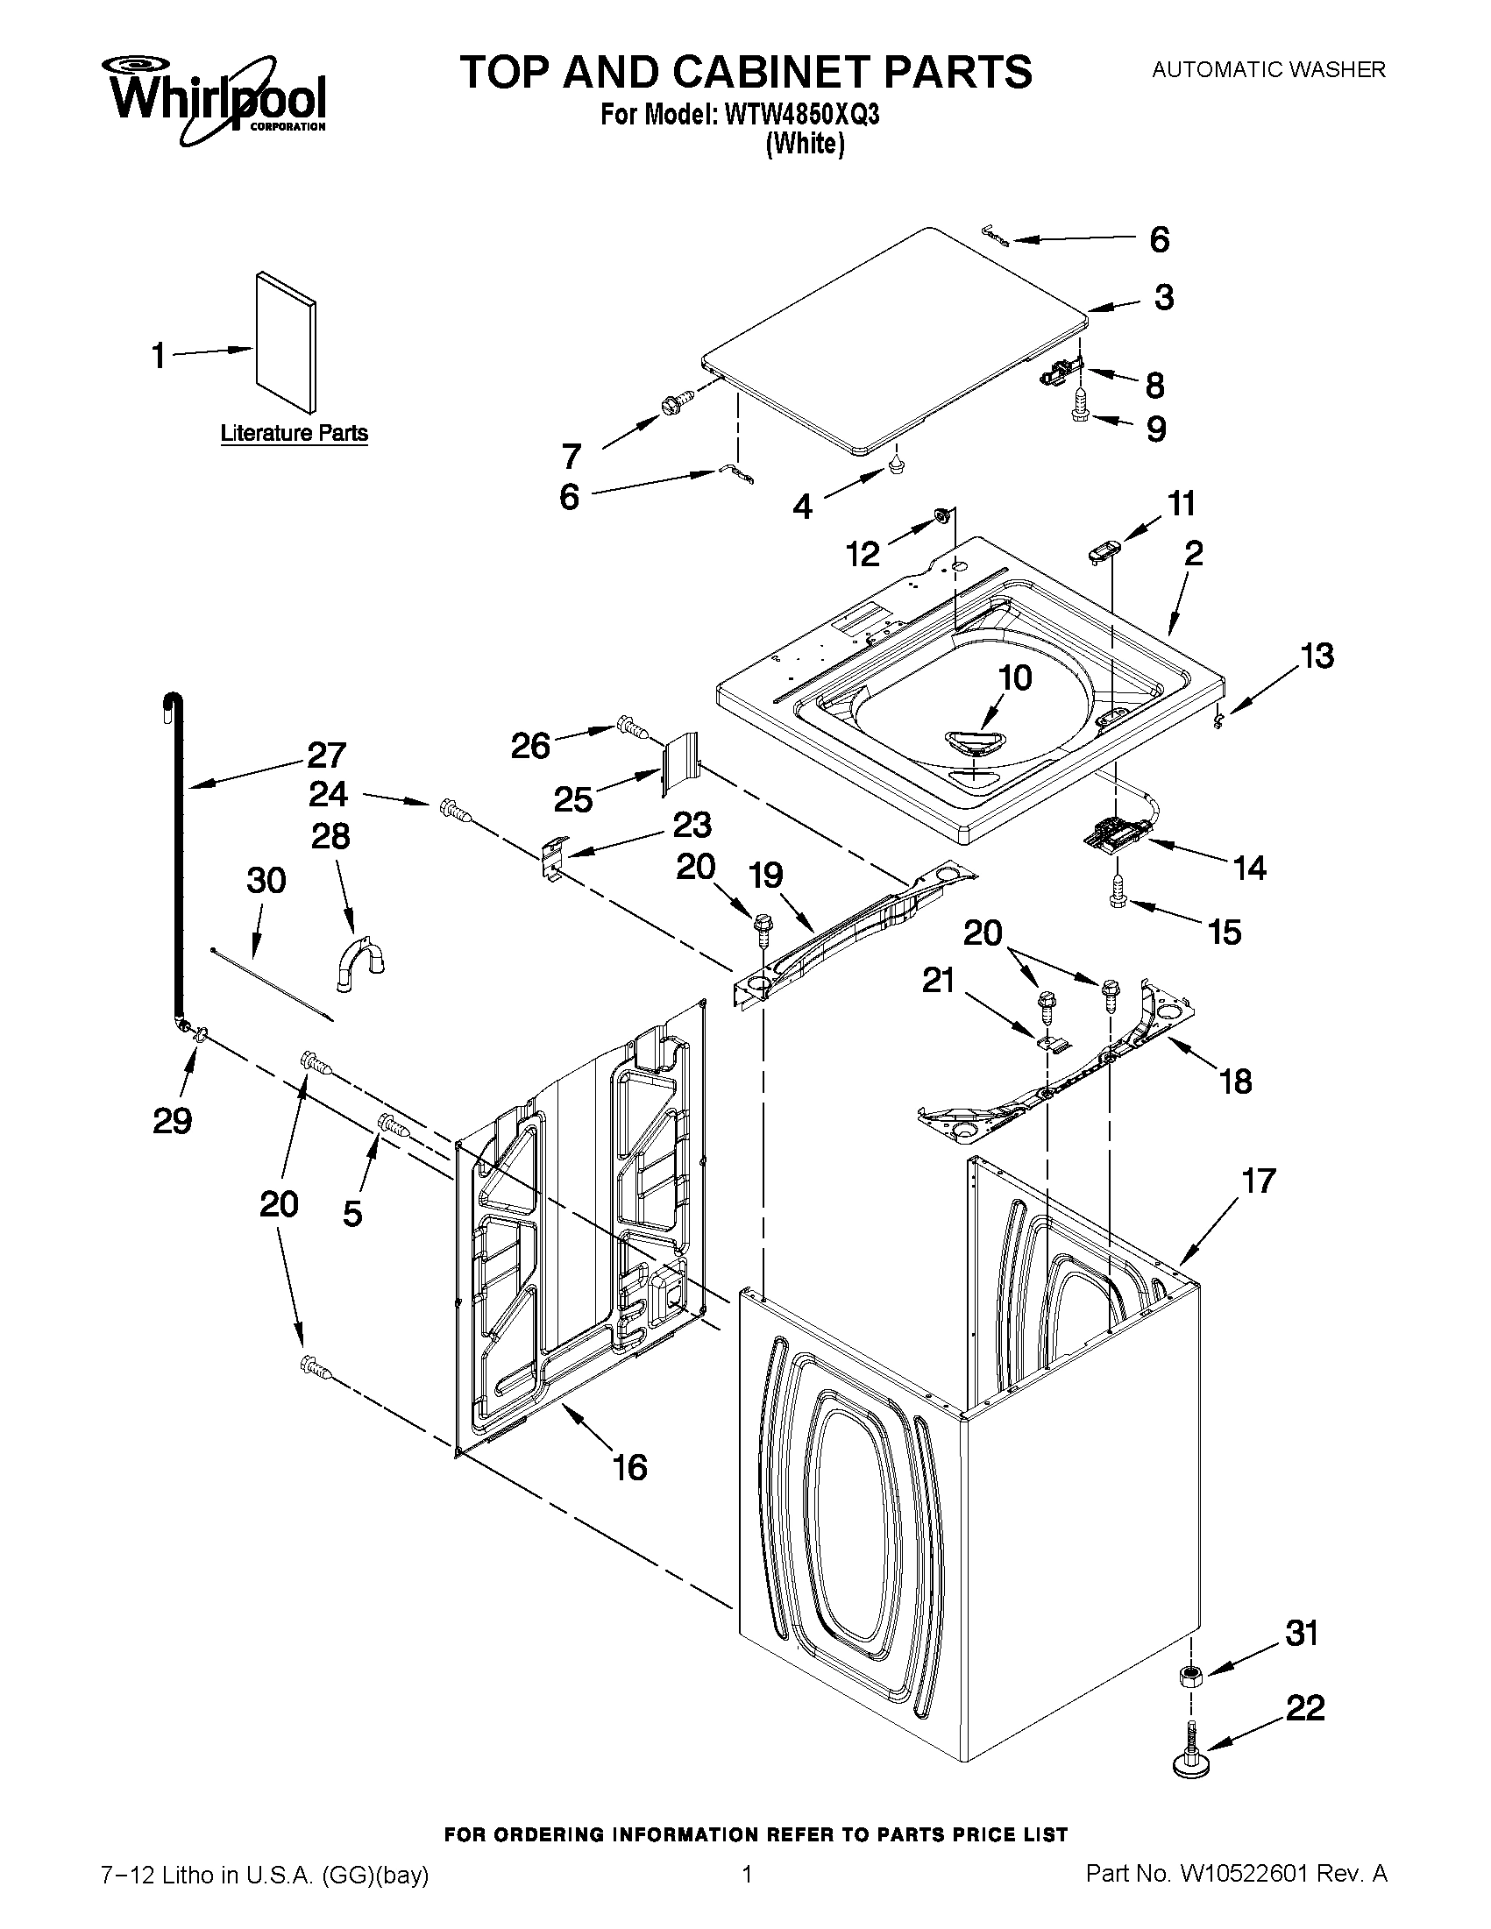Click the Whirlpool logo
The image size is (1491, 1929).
[x=217, y=100]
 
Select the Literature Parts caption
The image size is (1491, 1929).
[x=295, y=433]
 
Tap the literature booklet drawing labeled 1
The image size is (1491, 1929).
[x=285, y=343]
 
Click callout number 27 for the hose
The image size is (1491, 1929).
[x=326, y=755]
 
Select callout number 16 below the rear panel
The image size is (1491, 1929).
[x=629, y=1468]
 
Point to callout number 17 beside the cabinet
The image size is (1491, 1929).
[x=1259, y=1181]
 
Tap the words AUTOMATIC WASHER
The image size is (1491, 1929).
[x=1267, y=70]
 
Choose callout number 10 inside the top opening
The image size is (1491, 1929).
[x=1015, y=678]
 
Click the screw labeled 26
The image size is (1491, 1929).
[x=633, y=726]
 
